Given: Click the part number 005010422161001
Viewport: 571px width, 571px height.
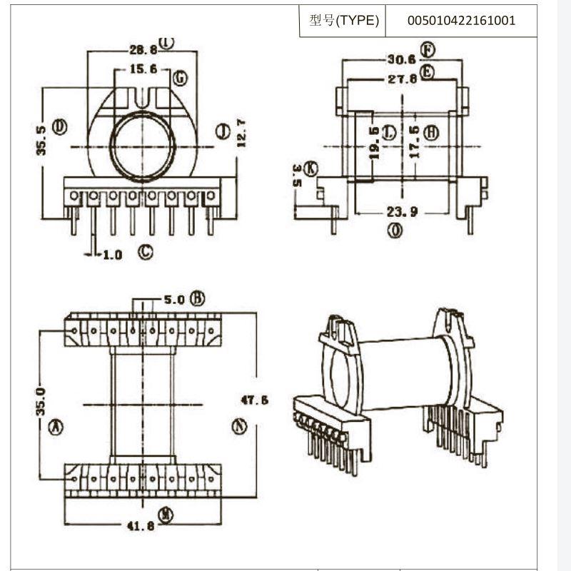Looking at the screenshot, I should coord(461,20).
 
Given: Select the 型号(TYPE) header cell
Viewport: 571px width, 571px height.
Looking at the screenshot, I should coord(343,20).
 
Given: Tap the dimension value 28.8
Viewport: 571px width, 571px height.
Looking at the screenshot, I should coord(143,50).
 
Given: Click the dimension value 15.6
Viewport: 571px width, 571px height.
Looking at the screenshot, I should coord(144,71).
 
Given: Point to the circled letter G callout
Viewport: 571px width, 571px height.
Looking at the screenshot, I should coord(180,76).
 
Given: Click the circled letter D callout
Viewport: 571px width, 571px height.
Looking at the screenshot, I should coord(60,127).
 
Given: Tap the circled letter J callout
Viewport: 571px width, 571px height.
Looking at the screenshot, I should coord(222,131).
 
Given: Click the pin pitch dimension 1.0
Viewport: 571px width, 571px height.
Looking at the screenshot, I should coord(112,254).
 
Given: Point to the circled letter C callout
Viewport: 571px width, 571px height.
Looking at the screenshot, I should coord(146,251).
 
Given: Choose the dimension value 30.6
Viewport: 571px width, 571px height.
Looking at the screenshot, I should coord(401,60).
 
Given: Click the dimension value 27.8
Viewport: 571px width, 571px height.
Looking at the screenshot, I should coord(403,79).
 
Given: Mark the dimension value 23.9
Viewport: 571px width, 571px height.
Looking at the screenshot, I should coord(403,211).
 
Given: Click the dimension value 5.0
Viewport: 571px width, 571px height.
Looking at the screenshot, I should coord(174,300).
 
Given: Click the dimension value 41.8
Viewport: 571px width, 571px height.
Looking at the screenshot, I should coord(141,527).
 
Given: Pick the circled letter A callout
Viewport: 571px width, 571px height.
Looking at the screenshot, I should coord(55,427).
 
